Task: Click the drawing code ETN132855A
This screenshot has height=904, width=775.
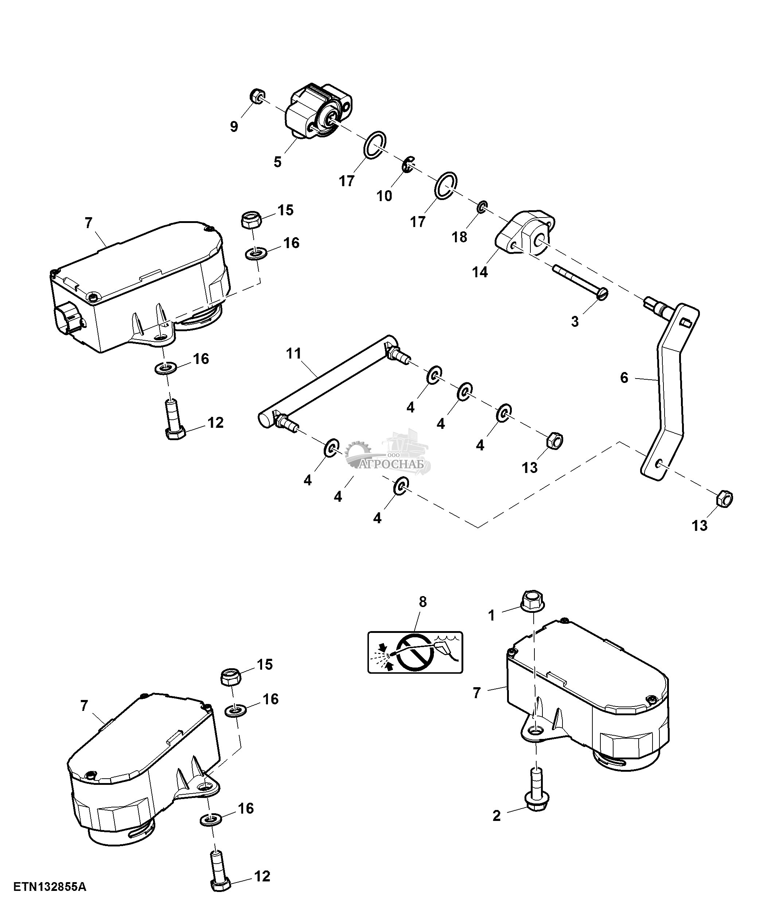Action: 50,887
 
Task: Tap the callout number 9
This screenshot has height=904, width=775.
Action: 234,126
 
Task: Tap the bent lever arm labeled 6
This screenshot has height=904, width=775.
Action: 668,393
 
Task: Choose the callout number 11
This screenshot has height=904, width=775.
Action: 294,353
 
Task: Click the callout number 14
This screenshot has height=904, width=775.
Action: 480,272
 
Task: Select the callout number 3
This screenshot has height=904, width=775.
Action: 575,321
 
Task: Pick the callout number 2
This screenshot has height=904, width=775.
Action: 496,816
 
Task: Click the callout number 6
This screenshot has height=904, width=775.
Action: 624,378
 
